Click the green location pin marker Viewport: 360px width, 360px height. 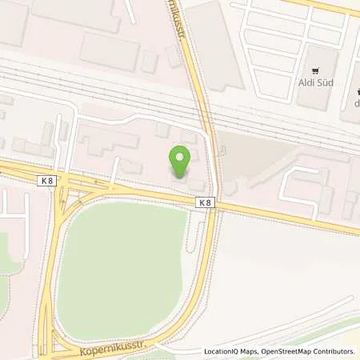click(181, 162)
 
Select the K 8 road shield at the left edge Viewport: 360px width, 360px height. click(46, 182)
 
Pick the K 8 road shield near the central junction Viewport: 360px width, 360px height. click(206, 203)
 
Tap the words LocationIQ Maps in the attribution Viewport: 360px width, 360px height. click(232, 351)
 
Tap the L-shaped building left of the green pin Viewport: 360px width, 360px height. click(104, 144)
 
